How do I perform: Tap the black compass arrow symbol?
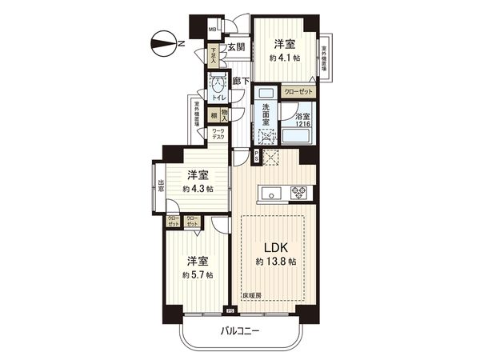coord(163,42)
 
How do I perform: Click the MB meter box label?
coord(212,31)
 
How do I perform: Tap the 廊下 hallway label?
coord(241,81)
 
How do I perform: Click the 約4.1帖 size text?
coord(286,58)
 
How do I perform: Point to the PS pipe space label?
coord(255,156)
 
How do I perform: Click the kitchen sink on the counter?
coord(269,191)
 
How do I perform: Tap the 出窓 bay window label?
coord(161,188)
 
